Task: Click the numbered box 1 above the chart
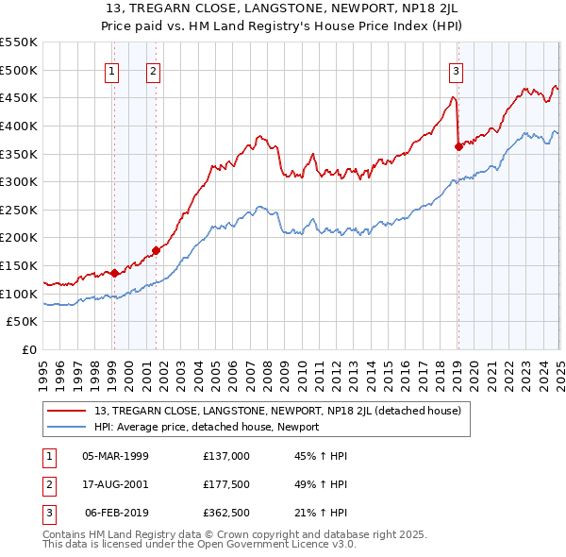[113, 70]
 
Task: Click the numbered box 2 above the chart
[153, 70]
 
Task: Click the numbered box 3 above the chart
[457, 70]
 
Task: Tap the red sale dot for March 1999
[114, 273]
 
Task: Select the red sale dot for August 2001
[156, 250]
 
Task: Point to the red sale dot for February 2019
[458, 146]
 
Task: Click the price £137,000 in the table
[226, 455]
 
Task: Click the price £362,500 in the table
[226, 514]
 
